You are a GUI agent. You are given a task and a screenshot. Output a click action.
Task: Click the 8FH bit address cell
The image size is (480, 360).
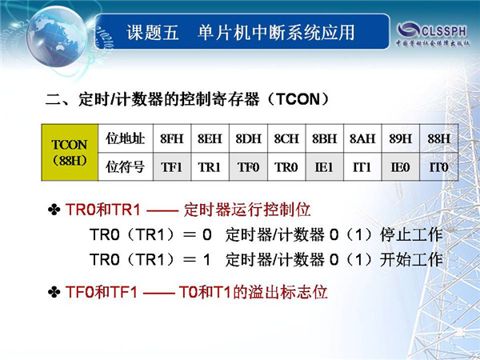point(172,138)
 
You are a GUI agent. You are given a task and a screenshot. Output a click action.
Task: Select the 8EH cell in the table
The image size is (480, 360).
point(210,138)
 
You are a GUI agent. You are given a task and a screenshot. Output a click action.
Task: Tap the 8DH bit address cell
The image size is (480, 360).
point(248,138)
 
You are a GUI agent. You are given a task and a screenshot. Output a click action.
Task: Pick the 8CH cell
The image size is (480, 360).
point(286,138)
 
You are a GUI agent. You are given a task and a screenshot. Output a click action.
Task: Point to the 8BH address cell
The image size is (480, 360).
point(325,138)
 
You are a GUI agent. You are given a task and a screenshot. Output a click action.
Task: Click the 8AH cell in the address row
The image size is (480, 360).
point(362,138)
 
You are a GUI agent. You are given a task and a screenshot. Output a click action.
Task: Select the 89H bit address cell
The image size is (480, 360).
point(401,138)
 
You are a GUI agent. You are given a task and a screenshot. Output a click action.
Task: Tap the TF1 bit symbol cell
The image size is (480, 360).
point(172,167)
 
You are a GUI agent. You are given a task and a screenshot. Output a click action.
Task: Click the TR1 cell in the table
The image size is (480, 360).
point(210,167)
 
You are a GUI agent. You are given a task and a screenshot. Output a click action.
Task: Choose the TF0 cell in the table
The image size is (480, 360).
point(248,167)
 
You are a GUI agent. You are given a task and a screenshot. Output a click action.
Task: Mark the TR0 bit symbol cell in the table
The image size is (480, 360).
point(286,167)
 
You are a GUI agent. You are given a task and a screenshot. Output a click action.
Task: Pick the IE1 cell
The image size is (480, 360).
point(325,167)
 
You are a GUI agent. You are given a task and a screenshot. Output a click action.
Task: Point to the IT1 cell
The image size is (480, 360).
point(362,167)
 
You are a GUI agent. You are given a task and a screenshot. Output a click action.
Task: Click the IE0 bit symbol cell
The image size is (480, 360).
point(401,167)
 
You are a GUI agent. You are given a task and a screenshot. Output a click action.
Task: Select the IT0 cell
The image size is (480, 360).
point(439,167)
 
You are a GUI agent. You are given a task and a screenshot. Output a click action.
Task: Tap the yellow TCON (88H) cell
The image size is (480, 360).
point(70,153)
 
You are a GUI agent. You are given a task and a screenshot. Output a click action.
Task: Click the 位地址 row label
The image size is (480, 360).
point(126,138)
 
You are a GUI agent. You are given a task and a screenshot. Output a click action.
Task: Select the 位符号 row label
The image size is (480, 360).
point(126,167)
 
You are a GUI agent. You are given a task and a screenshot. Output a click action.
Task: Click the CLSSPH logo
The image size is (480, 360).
point(433,34)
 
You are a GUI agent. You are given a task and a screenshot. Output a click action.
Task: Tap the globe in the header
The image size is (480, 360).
point(57,37)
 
